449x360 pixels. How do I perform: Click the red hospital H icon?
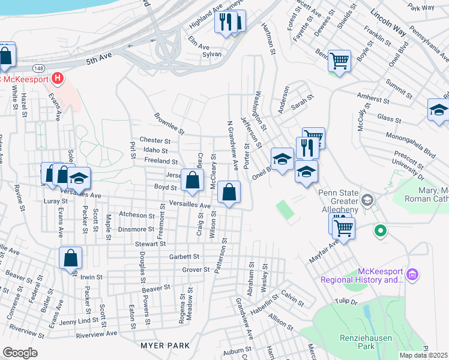58,78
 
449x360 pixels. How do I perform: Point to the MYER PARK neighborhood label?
166,346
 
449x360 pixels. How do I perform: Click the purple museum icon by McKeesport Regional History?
412,275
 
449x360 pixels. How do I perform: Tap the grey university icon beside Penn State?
369,200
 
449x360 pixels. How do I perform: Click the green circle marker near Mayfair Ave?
379,230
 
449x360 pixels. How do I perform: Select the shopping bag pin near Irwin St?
71,258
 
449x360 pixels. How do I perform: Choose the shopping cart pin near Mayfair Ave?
343,227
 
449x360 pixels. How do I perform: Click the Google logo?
20,352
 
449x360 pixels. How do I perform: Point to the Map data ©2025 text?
423,355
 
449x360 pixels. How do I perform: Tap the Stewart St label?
149,244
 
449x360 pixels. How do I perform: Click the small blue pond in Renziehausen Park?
367,313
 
